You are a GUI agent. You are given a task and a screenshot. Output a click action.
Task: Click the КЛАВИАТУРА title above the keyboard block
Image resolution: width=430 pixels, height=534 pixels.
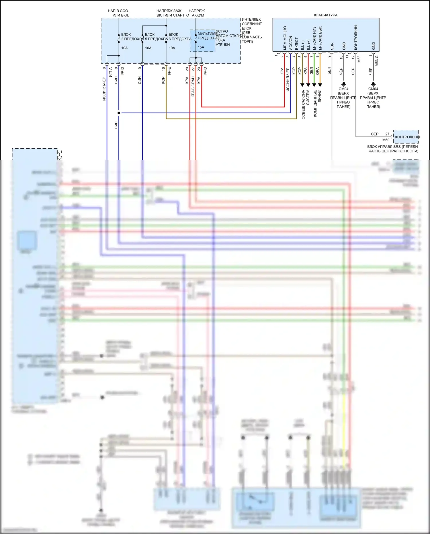tap(326, 15)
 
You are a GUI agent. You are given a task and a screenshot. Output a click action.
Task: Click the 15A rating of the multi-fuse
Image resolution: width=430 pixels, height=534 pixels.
tap(201, 47)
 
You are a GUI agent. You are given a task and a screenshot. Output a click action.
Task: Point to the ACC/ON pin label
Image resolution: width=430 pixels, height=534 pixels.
tap(291, 43)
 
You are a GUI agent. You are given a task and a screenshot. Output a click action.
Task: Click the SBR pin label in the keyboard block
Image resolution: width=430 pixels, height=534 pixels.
tap(332, 46)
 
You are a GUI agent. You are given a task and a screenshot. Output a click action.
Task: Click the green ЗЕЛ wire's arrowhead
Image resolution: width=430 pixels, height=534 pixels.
tap(314, 85)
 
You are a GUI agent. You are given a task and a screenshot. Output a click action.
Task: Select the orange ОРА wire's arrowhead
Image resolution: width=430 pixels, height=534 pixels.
tap(320, 85)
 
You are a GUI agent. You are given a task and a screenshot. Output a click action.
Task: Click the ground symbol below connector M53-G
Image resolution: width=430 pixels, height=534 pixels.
tap(373, 84)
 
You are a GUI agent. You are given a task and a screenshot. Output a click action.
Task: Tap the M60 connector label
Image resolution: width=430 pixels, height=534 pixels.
tap(386, 140)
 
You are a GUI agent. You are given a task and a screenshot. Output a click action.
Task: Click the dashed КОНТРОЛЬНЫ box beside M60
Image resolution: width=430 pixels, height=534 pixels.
tap(406, 137)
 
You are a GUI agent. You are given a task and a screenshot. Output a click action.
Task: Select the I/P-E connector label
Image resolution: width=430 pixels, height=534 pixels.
tap(169, 71)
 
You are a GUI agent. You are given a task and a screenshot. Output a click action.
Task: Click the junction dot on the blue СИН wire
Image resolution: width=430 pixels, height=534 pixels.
tap(119, 113)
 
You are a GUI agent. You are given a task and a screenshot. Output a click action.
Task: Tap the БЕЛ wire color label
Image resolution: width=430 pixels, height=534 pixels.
tap(329, 71)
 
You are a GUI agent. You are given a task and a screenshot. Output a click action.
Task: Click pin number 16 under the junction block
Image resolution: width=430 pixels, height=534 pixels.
tap(163, 69)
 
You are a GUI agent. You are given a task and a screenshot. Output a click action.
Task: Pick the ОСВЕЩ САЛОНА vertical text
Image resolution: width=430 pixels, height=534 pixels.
tap(304, 104)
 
